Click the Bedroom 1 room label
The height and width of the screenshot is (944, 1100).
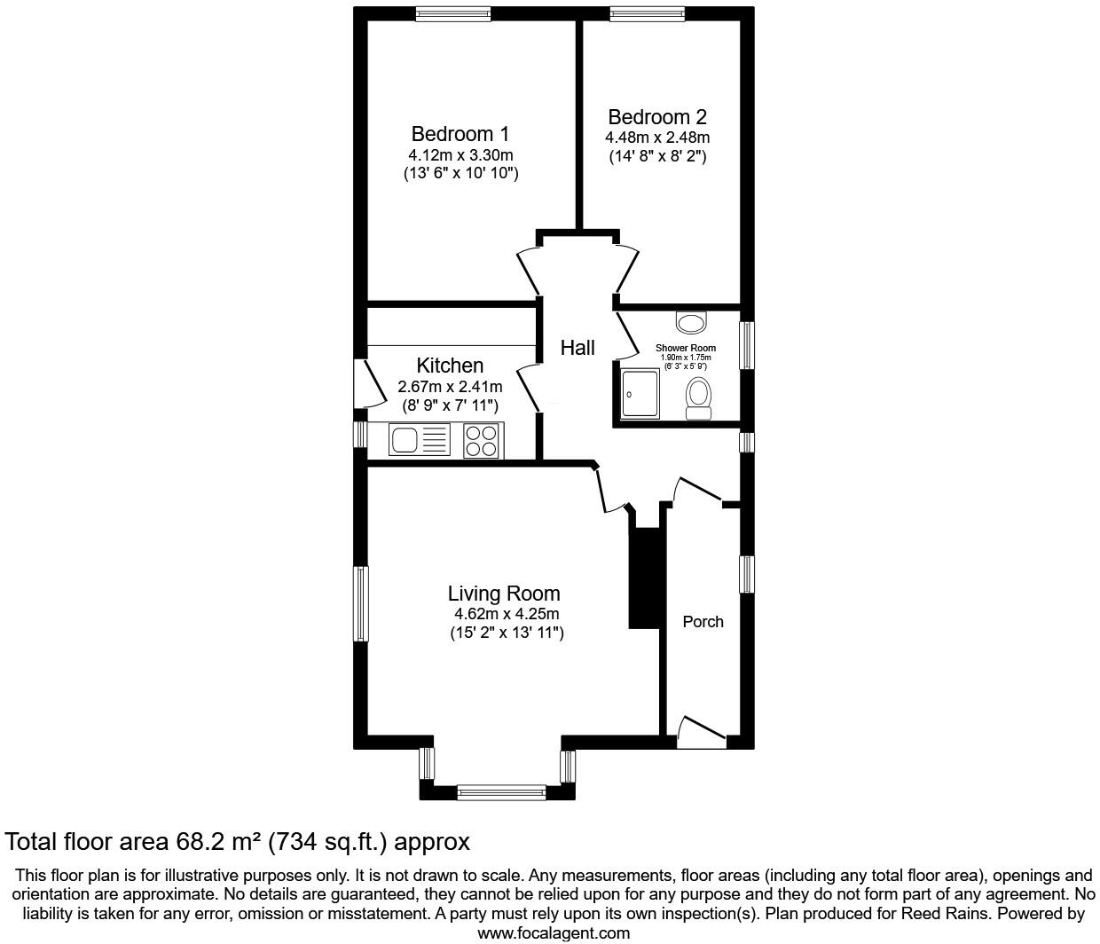(x=460, y=134)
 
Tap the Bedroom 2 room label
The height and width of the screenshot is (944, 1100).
(x=657, y=117)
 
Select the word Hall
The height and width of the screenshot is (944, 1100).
(x=577, y=348)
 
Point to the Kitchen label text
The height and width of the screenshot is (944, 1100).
(x=450, y=366)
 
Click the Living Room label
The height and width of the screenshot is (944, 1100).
(x=504, y=594)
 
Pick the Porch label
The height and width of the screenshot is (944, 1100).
(x=703, y=622)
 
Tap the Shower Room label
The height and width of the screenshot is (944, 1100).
(x=686, y=348)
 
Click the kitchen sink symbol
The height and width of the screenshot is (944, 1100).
(x=420, y=439)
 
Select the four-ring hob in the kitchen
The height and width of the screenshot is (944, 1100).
(x=481, y=440)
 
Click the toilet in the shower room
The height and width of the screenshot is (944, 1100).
(x=699, y=398)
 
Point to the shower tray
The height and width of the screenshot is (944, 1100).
(x=640, y=394)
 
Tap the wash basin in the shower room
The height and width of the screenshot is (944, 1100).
(x=691, y=322)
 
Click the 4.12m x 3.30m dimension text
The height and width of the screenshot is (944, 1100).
(x=460, y=155)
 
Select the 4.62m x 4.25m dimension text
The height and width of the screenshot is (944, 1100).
(x=507, y=614)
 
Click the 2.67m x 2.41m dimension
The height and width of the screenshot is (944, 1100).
(x=450, y=386)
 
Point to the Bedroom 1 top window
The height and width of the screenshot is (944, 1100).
(x=453, y=14)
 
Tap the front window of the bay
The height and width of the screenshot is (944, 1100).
(x=502, y=792)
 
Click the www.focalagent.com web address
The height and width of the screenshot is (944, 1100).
(x=554, y=933)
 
